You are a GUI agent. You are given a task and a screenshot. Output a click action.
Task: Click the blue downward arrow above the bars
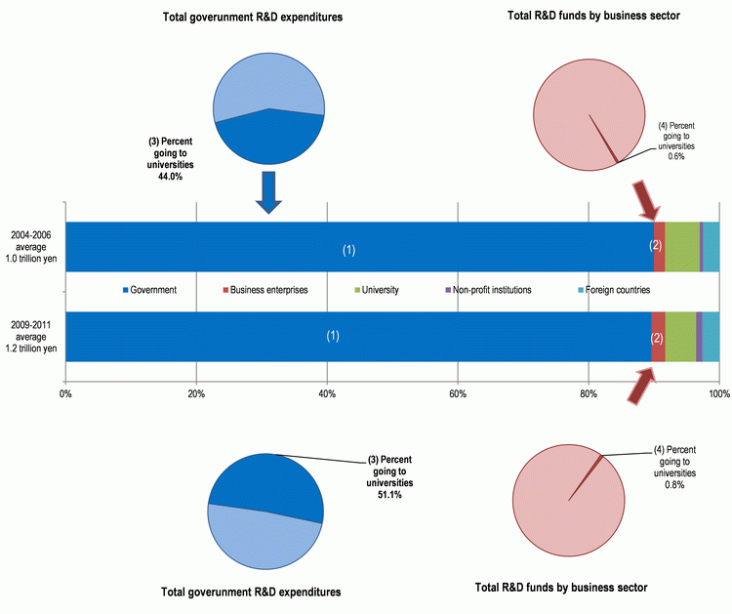[x=268, y=192]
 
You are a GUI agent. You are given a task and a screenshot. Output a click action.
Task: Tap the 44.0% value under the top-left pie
[x=171, y=177]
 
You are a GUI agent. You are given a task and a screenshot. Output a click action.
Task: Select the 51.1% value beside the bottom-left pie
[x=389, y=495]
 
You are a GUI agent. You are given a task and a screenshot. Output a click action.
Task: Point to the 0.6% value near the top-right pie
[x=676, y=157]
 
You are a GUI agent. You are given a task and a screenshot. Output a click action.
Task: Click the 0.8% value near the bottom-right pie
[x=674, y=485]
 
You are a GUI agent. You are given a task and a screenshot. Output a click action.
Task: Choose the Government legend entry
[x=149, y=290]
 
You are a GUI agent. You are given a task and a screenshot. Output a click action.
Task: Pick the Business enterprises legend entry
[x=265, y=290]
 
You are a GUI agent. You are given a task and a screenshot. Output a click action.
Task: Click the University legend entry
[x=377, y=290]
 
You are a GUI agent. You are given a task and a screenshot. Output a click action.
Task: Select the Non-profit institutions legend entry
[x=488, y=290]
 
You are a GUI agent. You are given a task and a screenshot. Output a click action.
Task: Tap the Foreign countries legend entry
[x=614, y=290]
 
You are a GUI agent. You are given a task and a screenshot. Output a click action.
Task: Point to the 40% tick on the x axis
[x=327, y=394]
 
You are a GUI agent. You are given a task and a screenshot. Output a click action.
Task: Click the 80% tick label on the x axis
[x=589, y=394]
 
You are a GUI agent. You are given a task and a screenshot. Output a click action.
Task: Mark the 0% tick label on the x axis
[x=65, y=394]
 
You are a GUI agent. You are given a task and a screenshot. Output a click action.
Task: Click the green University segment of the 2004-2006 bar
[x=682, y=247]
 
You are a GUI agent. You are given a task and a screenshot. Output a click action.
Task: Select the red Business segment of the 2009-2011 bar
[x=658, y=337]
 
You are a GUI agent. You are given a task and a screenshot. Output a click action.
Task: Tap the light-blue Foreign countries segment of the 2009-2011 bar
[x=711, y=337]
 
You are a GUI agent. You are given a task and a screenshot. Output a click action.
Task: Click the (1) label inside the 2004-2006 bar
[x=348, y=250]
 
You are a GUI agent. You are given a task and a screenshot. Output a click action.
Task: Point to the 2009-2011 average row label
[x=31, y=337]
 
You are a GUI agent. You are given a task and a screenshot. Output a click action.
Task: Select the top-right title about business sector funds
[x=593, y=16]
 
